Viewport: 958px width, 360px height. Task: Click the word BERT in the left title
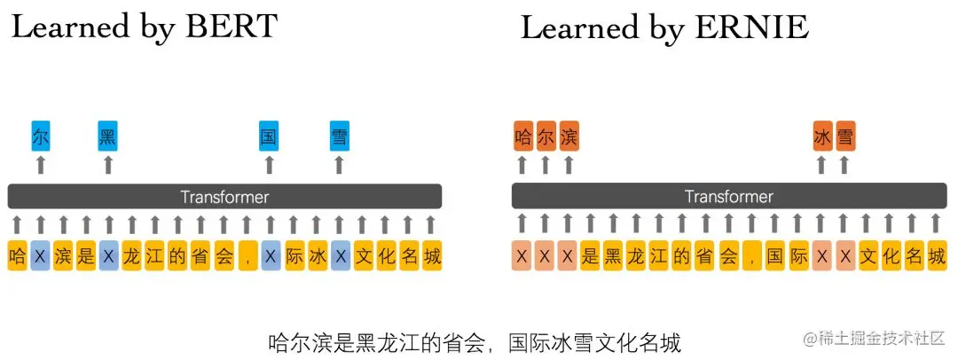[x=228, y=27]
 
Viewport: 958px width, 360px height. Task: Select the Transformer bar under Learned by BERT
[x=224, y=197]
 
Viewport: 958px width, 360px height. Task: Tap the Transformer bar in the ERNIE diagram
[x=728, y=197]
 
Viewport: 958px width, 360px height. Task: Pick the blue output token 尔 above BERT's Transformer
[x=41, y=137]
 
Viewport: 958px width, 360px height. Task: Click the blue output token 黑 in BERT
[x=108, y=137]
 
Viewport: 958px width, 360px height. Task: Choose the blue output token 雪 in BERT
[x=338, y=137]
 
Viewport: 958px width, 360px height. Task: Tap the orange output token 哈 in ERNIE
[x=522, y=137]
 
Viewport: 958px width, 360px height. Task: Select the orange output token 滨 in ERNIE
[x=569, y=137]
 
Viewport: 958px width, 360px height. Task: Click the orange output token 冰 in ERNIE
[x=821, y=137]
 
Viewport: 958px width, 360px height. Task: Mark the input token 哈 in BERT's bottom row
[x=17, y=256]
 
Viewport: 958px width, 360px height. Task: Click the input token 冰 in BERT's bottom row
[x=317, y=256]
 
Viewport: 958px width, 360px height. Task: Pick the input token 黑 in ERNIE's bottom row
[x=613, y=257]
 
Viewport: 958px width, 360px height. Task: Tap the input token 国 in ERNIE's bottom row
[x=774, y=257]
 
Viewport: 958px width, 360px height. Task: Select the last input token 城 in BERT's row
[x=431, y=256]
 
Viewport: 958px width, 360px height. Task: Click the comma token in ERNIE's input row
[x=751, y=257]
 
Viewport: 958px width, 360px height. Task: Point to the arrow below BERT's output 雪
[x=338, y=165]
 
